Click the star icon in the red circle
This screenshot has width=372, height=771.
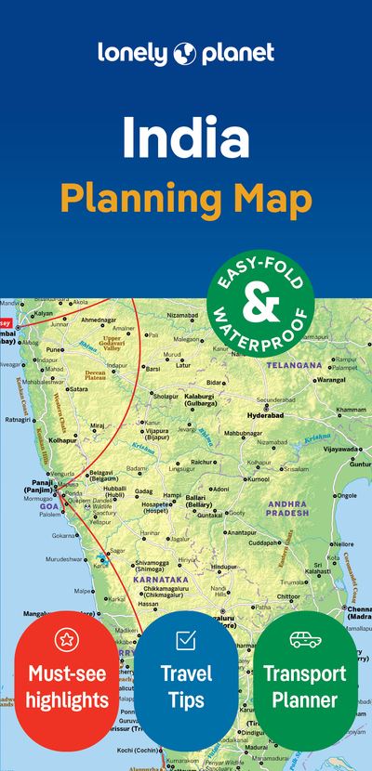tap(66, 638)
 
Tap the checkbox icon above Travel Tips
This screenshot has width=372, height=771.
tap(185, 639)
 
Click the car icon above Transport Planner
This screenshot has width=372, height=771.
tap(305, 639)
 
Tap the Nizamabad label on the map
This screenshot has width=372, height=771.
tap(182, 316)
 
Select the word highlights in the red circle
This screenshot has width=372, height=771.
tap(66, 700)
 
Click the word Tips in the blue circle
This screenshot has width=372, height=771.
tap(186, 700)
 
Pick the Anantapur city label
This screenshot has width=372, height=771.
tap(240, 532)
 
